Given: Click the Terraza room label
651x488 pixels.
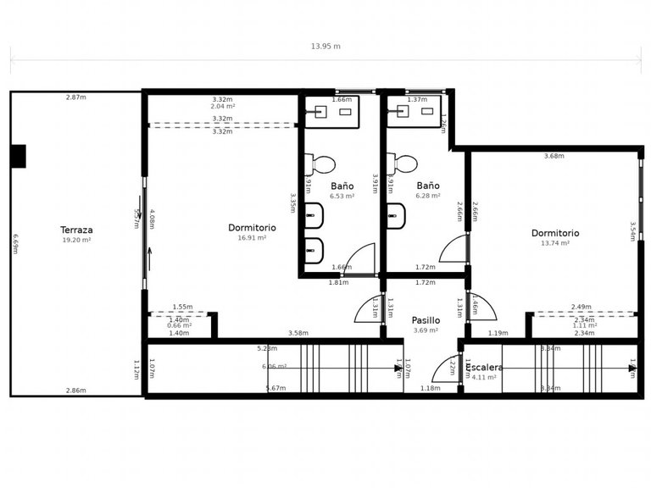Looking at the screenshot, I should [x=76, y=230].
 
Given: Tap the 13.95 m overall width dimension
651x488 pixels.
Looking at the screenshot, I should [x=325, y=47].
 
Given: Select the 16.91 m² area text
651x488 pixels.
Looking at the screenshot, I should [x=253, y=238].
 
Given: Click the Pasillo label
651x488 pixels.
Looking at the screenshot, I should [x=426, y=320].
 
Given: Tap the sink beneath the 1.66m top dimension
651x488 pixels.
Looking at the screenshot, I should [x=322, y=111].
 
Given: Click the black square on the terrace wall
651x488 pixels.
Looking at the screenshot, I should [x=18, y=156].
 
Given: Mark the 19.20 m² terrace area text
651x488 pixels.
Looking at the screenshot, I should [x=76, y=240].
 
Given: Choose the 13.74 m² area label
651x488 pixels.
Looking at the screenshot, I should [x=555, y=243].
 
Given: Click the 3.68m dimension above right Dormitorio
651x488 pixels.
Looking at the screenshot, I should [x=554, y=156].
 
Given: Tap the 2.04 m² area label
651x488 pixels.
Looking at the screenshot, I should [x=223, y=107].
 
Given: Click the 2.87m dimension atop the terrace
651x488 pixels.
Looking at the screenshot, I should [x=76, y=97].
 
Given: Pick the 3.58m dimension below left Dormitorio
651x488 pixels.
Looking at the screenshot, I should [x=298, y=333].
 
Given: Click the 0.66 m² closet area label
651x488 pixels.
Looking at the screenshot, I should [x=180, y=325].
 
